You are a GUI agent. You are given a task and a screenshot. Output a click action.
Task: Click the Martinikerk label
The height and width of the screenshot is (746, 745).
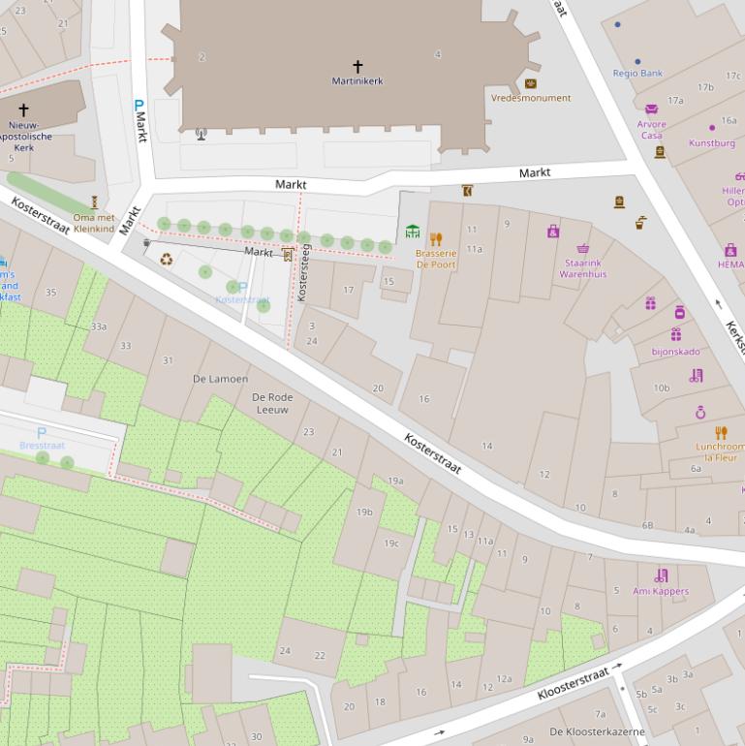point(357,81)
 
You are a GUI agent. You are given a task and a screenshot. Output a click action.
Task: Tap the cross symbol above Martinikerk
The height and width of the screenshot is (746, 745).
point(357,67)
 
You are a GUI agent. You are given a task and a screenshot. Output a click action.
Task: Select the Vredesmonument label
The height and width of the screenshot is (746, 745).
point(531,98)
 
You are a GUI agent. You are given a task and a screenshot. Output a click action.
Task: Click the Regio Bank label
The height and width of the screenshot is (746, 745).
point(637,74)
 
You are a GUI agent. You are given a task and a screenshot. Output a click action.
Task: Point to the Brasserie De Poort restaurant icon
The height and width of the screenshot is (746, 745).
point(435,239)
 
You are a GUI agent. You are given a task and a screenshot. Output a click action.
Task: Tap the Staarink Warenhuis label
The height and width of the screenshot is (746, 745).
point(582,268)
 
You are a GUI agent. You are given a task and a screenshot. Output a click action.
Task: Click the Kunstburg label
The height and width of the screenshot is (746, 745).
point(712,143)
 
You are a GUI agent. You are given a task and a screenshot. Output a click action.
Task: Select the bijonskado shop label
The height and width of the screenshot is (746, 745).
point(675,352)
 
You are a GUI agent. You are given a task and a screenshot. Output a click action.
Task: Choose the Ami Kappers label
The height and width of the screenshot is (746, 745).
point(661,591)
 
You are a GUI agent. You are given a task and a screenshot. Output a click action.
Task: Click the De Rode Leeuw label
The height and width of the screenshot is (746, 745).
point(272,403)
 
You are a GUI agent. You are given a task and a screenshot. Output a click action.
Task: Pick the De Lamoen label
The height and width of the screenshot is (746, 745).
point(220,379)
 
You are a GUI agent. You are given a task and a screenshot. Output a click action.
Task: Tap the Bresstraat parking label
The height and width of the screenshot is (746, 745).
point(42,446)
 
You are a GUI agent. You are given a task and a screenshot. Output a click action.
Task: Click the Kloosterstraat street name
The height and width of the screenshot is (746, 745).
point(573,683)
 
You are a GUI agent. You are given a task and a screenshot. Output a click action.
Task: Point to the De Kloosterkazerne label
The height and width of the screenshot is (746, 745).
point(597,731)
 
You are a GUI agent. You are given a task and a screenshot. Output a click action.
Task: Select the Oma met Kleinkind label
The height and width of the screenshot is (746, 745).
point(94,224)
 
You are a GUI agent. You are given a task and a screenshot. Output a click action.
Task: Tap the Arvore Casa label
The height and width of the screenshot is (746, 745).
point(652,130)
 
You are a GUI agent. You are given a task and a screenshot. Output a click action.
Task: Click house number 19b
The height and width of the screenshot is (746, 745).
point(364,512)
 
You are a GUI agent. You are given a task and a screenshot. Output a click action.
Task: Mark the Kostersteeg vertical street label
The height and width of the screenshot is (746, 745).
point(303,273)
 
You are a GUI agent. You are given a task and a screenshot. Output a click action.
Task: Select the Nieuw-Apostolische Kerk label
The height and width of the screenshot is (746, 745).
point(24,137)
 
